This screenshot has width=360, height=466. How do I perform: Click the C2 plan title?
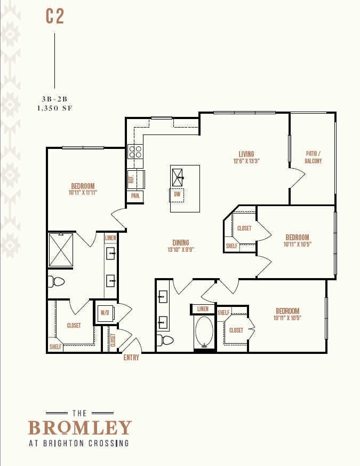tap(55, 17)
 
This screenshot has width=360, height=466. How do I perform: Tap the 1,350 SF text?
tap(54, 108)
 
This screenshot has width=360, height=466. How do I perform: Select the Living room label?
tap(246, 154)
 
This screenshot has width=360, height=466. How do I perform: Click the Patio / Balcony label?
tap(313, 157)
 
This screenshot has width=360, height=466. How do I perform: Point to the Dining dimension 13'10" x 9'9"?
tap(181, 250)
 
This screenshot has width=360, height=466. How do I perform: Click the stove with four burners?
tap(135, 152)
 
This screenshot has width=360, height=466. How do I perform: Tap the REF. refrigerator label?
tap(131, 179)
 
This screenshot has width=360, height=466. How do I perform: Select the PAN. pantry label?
tap(135, 196)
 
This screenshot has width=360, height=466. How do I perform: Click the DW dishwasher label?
tap(177, 194)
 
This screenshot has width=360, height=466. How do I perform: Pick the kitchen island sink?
tap(177, 178)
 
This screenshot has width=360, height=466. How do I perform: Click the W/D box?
tap(106, 313)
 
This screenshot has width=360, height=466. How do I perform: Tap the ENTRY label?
tap(131, 358)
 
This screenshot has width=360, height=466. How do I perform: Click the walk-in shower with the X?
tap(61, 250)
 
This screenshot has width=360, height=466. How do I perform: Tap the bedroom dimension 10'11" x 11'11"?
tap(83, 193)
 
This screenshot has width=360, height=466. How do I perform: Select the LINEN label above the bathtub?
tap(203, 309)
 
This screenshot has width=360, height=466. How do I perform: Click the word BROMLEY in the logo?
tap(80, 428)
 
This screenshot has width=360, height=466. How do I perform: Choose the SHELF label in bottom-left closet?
tap(55, 347)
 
